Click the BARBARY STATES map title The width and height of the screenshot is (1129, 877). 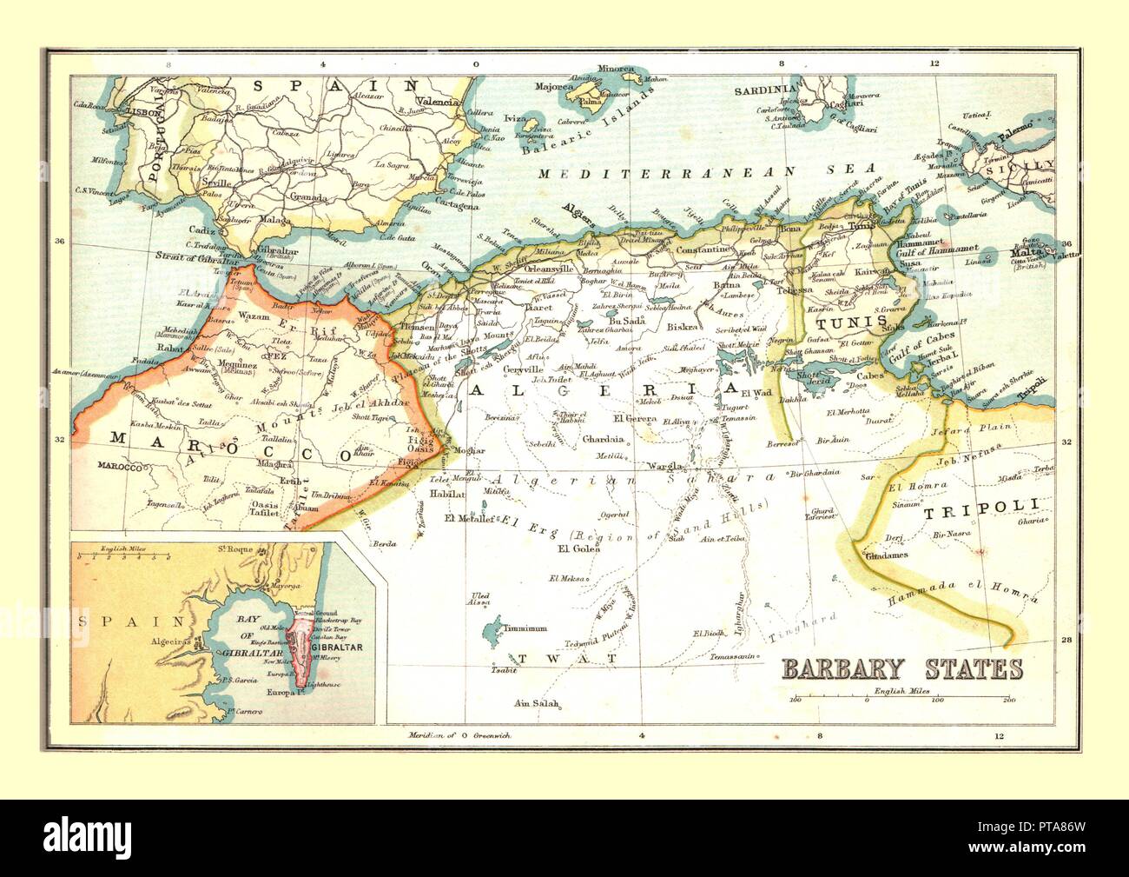(x=902, y=668)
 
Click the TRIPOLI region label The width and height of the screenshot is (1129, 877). (x=980, y=512)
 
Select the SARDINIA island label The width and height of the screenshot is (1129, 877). (x=764, y=90)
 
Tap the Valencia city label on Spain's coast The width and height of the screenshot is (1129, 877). (x=439, y=103)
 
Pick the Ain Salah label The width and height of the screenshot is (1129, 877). (x=535, y=703)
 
